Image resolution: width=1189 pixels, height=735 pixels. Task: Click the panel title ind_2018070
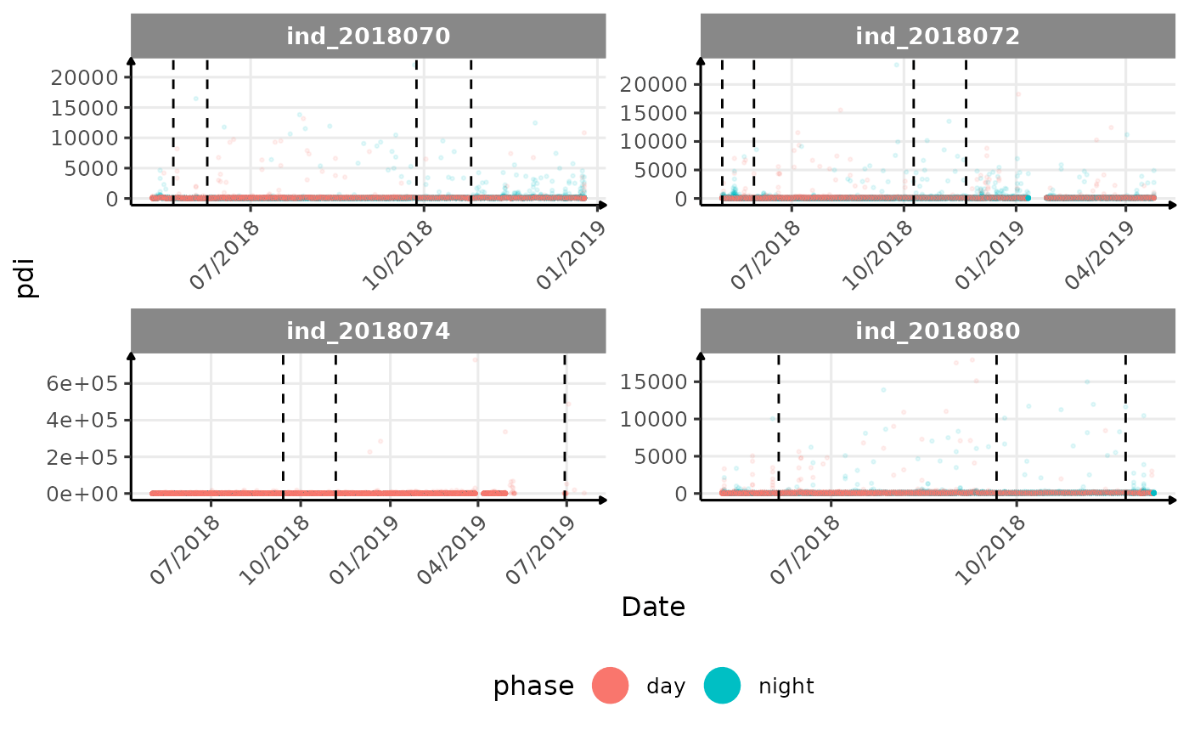coord(368,36)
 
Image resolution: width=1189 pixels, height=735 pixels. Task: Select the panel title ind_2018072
coord(938,36)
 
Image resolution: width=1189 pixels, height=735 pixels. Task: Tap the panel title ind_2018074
coord(368,331)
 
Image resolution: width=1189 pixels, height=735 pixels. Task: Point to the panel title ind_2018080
coord(938,331)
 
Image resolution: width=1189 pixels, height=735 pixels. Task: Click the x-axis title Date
coord(653,607)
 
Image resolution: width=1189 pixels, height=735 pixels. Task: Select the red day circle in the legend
coord(610,686)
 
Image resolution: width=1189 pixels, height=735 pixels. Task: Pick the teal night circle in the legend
coord(723,686)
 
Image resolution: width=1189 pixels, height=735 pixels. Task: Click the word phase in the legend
coord(533,686)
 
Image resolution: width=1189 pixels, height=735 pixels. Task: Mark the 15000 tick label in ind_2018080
coord(653,382)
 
